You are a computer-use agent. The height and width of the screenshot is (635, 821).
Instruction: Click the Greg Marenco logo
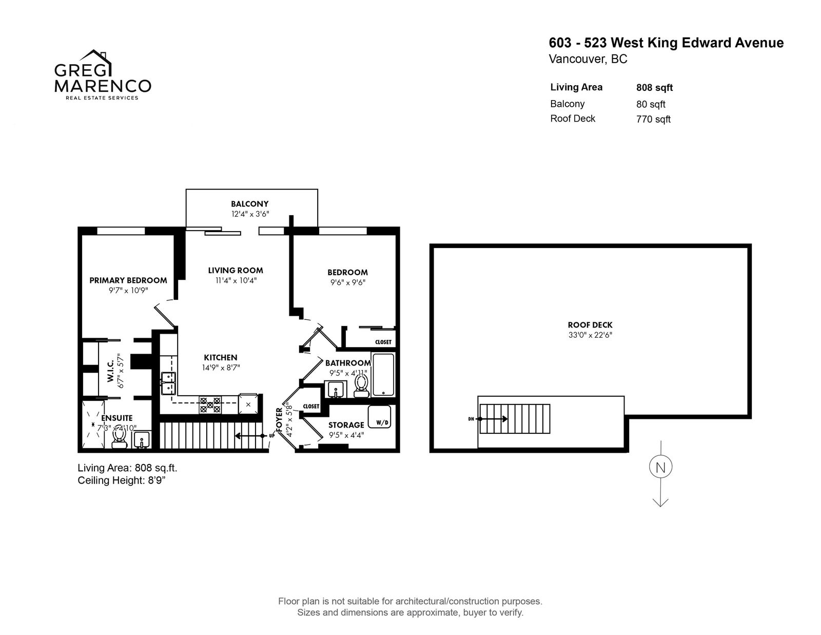(103, 74)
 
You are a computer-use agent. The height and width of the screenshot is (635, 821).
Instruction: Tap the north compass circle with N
(660, 467)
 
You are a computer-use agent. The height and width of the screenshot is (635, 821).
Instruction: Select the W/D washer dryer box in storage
(379, 417)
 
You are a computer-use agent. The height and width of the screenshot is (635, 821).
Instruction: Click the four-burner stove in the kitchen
(210, 405)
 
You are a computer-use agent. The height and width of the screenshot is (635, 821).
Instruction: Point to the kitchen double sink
(168, 383)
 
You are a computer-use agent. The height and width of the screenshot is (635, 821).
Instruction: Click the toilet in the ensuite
(120, 438)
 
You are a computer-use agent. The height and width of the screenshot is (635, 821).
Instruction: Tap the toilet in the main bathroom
(362, 386)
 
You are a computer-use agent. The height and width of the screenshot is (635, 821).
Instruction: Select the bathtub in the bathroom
(383, 374)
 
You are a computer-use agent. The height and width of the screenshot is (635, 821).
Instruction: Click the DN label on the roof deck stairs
(471, 419)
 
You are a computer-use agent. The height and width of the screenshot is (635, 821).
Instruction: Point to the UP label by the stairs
(271, 436)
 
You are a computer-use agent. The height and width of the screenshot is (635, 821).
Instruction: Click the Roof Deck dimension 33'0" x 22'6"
(590, 335)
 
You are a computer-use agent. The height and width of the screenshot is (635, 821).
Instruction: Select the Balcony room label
(250, 204)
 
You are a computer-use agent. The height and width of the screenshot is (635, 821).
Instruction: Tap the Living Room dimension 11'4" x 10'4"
(236, 280)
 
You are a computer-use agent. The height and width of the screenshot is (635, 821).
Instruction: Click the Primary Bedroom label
(128, 280)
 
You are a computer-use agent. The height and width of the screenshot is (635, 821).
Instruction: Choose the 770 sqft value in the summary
(653, 120)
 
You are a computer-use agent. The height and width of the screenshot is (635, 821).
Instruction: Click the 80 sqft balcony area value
(651, 104)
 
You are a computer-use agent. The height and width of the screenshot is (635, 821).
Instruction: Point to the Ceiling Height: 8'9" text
(122, 480)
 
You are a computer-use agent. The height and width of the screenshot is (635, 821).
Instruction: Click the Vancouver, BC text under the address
(588, 60)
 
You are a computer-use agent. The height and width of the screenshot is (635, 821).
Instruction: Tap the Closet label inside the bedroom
(383, 342)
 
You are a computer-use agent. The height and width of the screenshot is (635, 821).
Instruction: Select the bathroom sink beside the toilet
(335, 389)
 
